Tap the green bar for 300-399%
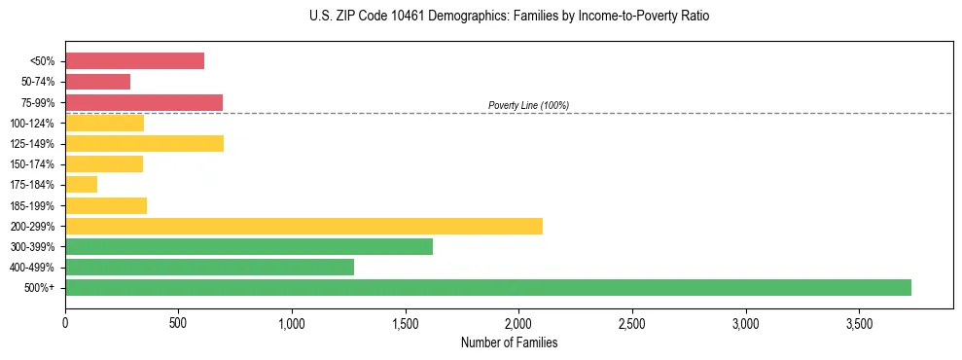tap(249, 246)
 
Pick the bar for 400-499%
tap(209, 267)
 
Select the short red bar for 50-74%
tap(97, 82)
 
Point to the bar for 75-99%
tap(144, 102)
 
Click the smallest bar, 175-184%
tap(81, 184)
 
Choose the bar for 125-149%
tap(144, 143)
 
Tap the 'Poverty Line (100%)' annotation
tap(528, 105)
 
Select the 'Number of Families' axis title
tap(510, 342)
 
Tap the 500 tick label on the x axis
tap(178, 321)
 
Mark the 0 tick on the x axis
tap(65, 321)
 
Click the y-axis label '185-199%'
tap(32, 205)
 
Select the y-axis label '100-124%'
tap(32, 123)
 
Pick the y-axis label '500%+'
tap(39, 287)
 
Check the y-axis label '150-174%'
tap(32, 163)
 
